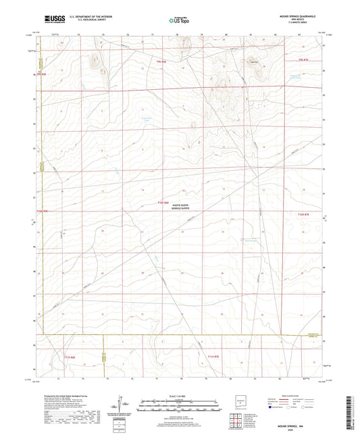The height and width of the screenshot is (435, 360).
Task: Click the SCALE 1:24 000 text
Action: coord(180,395)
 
